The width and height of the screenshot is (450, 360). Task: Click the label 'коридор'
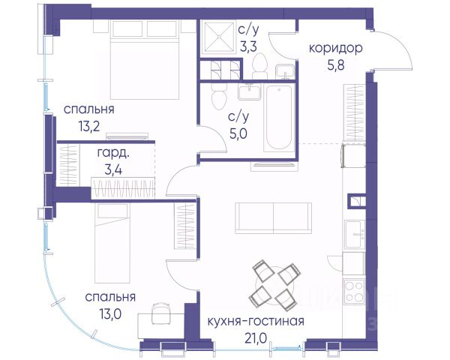pos(335,49)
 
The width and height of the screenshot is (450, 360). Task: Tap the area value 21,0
pos(256,338)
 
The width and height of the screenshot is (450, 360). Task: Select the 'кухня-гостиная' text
pos(256,321)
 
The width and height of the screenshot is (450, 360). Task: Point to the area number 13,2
pos(89,126)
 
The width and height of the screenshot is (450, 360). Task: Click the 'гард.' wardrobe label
pos(113,153)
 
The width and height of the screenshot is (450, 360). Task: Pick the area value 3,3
pos(248,47)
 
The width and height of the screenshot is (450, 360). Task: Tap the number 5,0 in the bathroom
pos(238,133)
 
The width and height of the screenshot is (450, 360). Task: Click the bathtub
pos(279,117)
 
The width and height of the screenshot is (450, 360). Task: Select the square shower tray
pos(218,37)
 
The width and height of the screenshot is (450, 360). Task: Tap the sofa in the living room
pos(273,218)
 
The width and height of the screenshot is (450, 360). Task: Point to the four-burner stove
pos(355,291)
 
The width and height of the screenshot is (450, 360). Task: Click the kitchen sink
pos(355,234)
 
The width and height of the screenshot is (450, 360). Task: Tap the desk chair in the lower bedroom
pos(160,313)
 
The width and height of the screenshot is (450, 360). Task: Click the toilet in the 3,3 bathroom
pos(260,66)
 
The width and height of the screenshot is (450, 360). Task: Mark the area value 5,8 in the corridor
pos(336,65)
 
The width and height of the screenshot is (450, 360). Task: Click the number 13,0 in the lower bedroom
pos(110,314)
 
